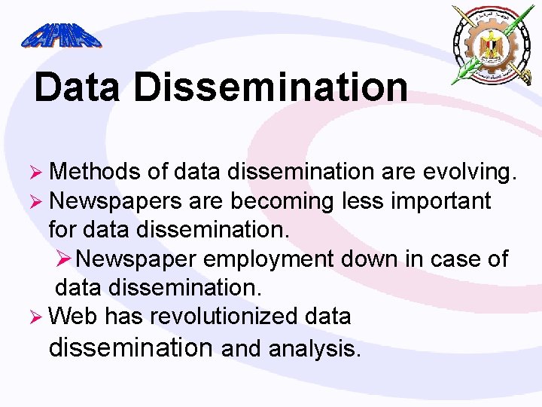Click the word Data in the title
77,87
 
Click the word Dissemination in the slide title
271,87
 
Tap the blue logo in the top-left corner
61,34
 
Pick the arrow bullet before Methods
39,173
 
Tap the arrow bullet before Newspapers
39,202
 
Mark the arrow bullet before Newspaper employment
66,259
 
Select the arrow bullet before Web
39,317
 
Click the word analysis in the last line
315,349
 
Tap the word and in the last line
242,349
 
